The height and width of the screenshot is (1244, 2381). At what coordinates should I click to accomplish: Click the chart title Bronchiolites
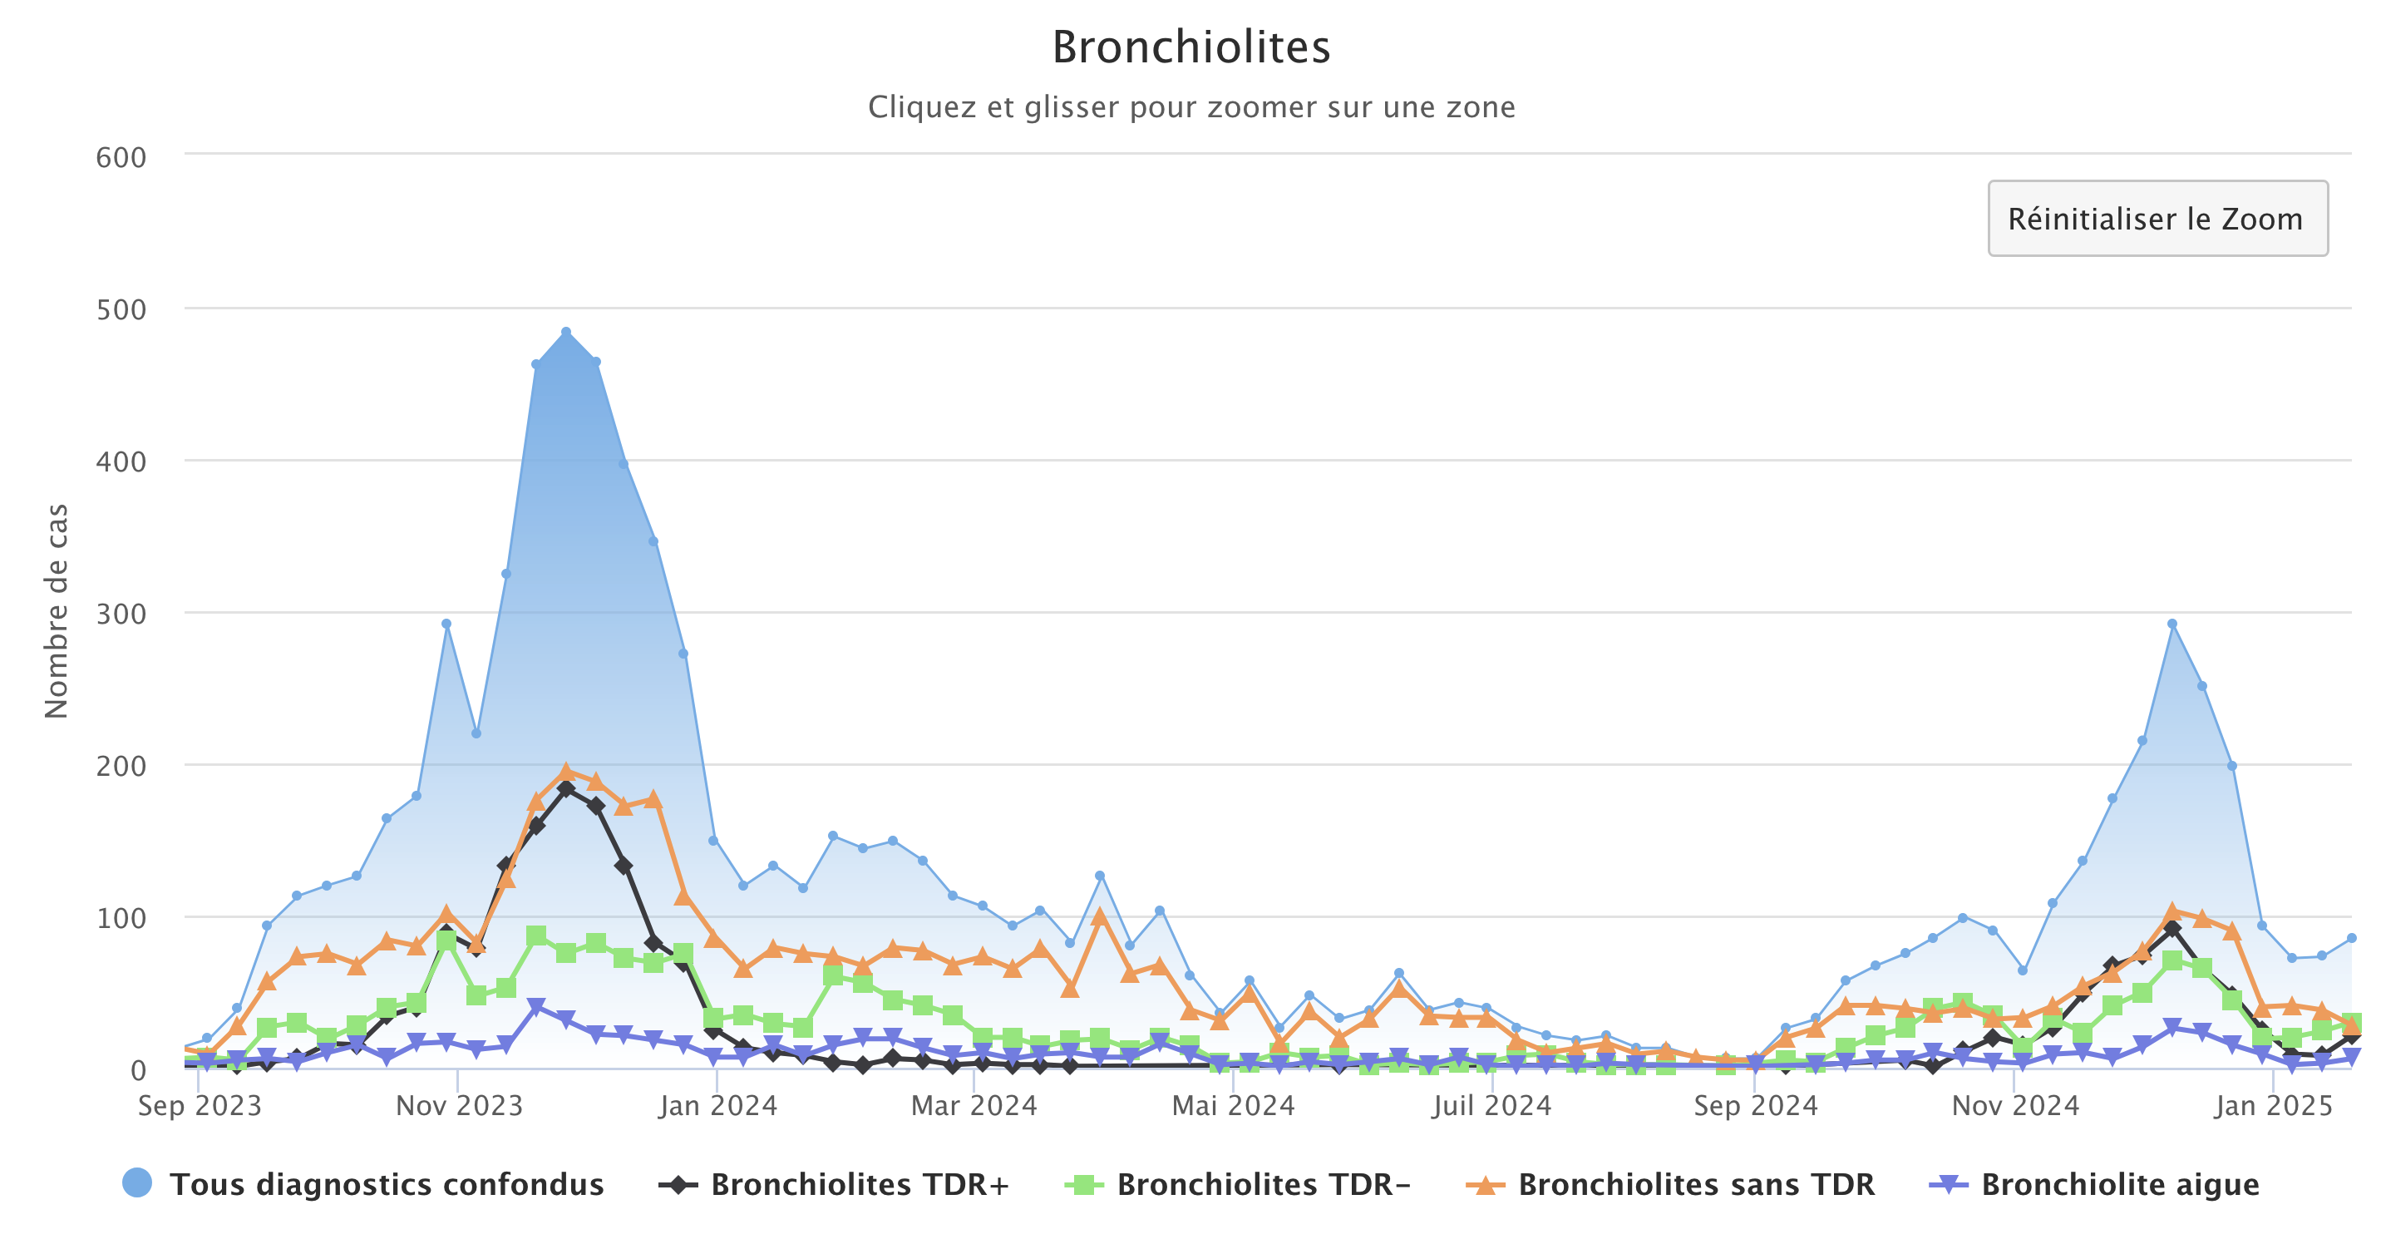point(1190,47)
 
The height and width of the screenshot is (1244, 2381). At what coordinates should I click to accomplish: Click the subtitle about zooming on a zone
point(1190,107)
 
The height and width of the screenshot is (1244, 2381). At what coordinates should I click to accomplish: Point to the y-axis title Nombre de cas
point(57,611)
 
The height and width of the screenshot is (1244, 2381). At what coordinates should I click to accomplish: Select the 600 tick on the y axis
point(121,158)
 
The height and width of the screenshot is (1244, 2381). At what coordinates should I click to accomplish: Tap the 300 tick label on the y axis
point(121,615)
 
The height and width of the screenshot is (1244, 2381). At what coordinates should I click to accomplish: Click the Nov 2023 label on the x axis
point(460,1105)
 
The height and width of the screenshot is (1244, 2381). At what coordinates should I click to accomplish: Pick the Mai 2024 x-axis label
point(1233,1105)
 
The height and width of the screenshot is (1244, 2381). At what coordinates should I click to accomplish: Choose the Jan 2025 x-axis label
point(2273,1105)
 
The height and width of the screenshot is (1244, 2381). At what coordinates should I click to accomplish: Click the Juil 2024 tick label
point(1491,1105)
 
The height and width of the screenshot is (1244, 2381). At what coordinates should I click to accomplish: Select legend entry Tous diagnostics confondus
point(386,1184)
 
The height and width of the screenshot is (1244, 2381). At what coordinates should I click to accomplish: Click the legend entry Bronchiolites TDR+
point(859,1184)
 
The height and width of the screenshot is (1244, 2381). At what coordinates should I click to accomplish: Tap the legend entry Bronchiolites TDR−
point(1263,1184)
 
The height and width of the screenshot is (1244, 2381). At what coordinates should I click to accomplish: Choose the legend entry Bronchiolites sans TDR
point(1695,1184)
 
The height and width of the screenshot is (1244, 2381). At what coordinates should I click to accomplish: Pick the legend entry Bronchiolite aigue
point(2119,1184)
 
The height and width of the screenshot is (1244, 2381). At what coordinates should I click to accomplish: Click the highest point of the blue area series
point(565,332)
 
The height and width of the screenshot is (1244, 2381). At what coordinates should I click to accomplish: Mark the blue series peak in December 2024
point(2172,624)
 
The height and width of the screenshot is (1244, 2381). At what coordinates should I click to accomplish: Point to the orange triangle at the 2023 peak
point(565,772)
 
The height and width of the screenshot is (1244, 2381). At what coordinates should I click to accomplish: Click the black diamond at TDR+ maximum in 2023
point(565,788)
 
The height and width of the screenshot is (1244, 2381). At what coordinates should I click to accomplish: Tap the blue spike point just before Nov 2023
point(446,624)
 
